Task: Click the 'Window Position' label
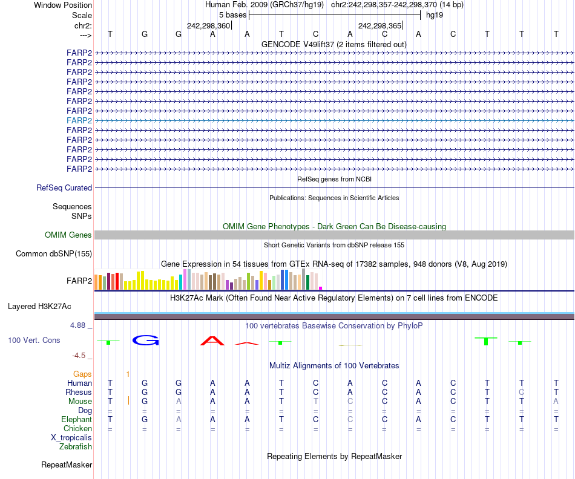coord(63,5)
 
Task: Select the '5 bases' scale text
coord(232,15)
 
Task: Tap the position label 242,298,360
coord(209,26)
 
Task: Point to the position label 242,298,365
coord(380,26)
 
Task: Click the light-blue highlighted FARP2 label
coord(79,120)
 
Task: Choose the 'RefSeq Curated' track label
coord(64,188)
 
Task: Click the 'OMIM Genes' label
coord(68,235)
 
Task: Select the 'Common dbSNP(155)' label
coord(54,254)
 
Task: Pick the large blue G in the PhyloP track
coord(145,340)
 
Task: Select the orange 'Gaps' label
coord(82,374)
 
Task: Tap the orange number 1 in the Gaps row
coord(128,374)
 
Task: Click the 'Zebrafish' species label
coord(76,447)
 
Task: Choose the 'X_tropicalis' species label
coord(71,438)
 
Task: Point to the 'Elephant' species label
coord(76,420)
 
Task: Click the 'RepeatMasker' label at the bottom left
coord(67,465)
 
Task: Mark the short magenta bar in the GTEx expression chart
coord(321,288)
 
